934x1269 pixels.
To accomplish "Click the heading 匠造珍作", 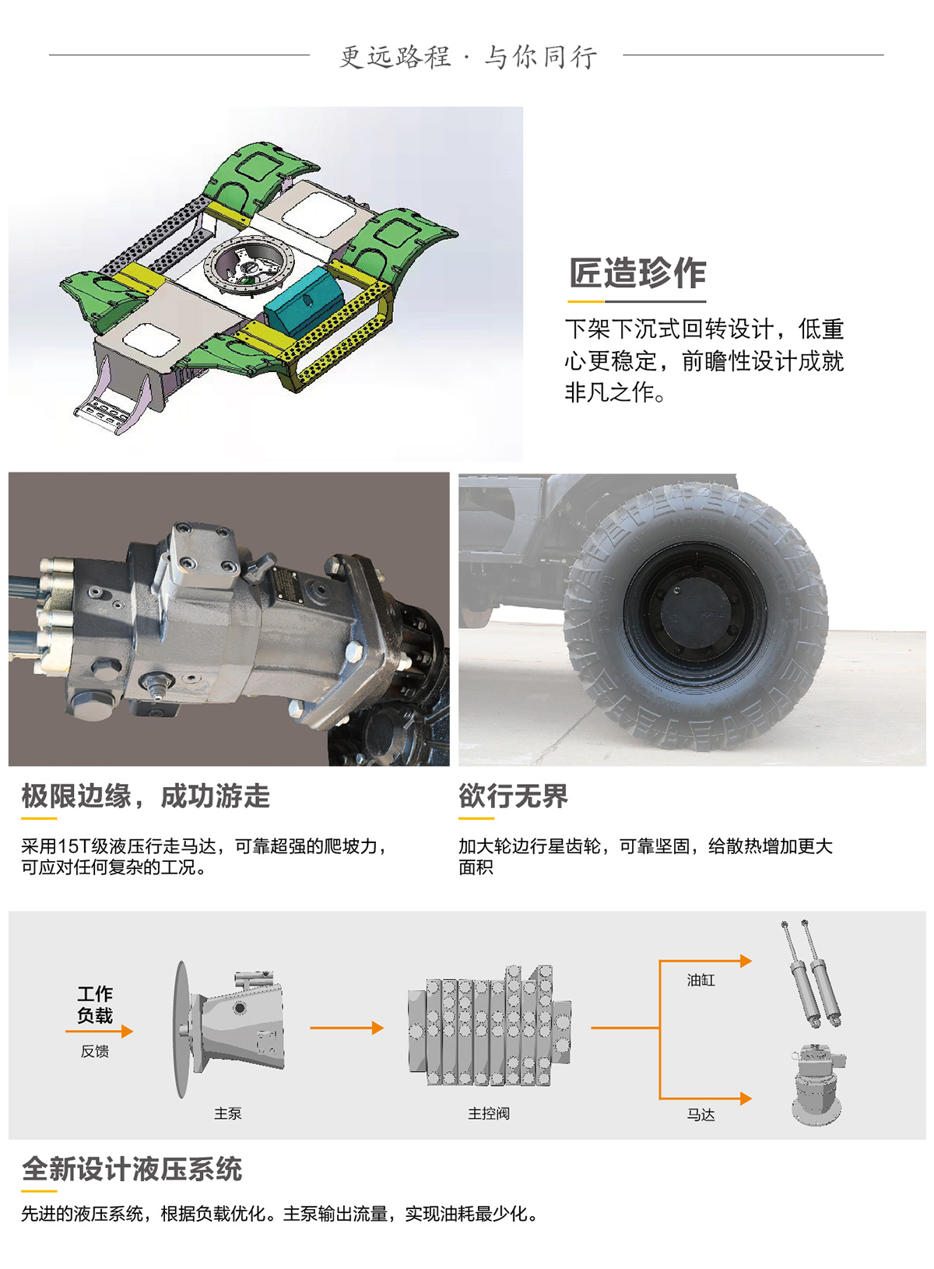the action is pos(637,273).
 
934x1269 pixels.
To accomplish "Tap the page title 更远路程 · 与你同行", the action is pos(468,57).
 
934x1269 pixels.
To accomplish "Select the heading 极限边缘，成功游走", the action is pos(146,796).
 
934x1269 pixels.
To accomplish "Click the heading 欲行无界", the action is pos(513,796).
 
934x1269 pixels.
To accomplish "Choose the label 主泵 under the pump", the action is pos(228,1113).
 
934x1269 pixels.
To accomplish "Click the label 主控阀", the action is pos(488,1113).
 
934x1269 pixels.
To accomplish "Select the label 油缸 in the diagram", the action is pos(700,979).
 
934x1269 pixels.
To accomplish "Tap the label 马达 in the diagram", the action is pos(700,1114).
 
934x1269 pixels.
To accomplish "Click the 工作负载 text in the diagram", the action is pos(95,1004).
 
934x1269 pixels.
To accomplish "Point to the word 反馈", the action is pos(95,1052).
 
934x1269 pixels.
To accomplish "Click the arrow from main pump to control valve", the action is pos(346,1028).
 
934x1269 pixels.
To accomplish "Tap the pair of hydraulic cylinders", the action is pos(811,972).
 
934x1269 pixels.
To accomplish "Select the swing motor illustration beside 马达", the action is pos(817,1084).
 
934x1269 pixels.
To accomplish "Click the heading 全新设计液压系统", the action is pos(132,1169).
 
